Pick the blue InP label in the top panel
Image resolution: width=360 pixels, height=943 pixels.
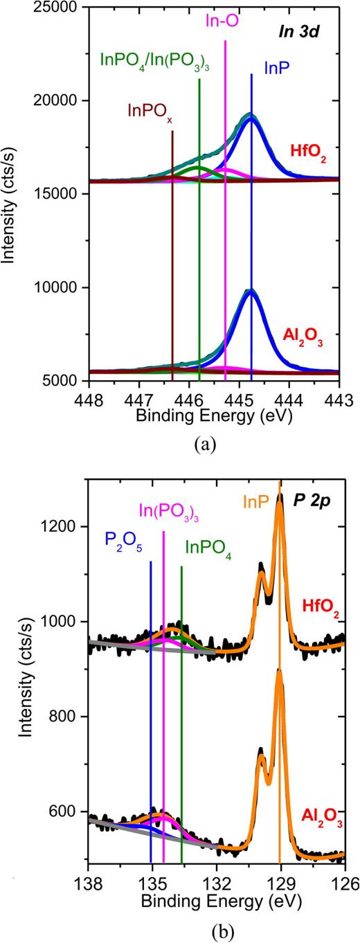click(271, 68)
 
